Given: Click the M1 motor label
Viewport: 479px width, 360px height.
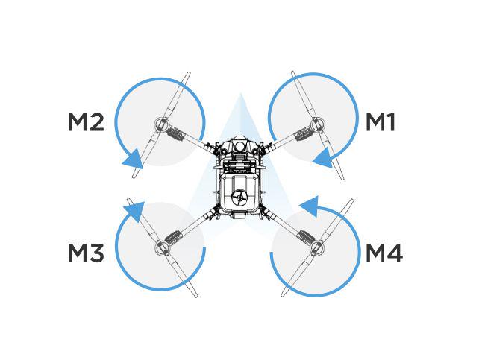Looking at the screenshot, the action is click(380, 122).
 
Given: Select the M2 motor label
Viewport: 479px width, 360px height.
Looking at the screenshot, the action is click(86, 122).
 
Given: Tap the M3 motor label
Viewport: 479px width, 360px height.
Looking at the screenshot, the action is click(86, 253).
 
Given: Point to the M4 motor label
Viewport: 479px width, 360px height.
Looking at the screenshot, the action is click(384, 253).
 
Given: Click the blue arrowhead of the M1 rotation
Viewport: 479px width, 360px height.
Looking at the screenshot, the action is click(322, 158).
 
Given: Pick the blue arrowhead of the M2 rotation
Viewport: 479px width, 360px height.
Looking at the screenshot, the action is click(134, 159).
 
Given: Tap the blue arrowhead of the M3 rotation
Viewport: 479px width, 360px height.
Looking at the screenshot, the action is click(134, 212).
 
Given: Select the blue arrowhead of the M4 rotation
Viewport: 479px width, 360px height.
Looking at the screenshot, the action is click(310, 206).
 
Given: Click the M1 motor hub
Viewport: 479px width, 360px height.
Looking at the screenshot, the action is click(317, 124).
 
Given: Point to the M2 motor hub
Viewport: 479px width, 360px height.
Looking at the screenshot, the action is click(161, 124).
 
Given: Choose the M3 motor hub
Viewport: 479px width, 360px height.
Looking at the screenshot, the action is click(162, 247).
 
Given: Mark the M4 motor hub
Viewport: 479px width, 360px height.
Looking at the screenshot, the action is click(316, 247).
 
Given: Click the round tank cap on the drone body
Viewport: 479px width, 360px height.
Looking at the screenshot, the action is click(239, 198).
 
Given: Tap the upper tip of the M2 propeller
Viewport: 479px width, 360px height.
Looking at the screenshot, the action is click(189, 72).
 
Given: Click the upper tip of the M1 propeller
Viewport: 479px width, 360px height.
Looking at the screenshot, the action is click(292, 72).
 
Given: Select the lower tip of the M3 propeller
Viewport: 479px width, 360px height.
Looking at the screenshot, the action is click(196, 296).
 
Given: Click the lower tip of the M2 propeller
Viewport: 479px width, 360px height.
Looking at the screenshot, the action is click(134, 177).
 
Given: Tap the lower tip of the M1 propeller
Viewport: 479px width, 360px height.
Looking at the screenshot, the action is click(342, 178).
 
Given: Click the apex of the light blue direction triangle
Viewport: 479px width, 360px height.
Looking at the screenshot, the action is click(240, 92).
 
